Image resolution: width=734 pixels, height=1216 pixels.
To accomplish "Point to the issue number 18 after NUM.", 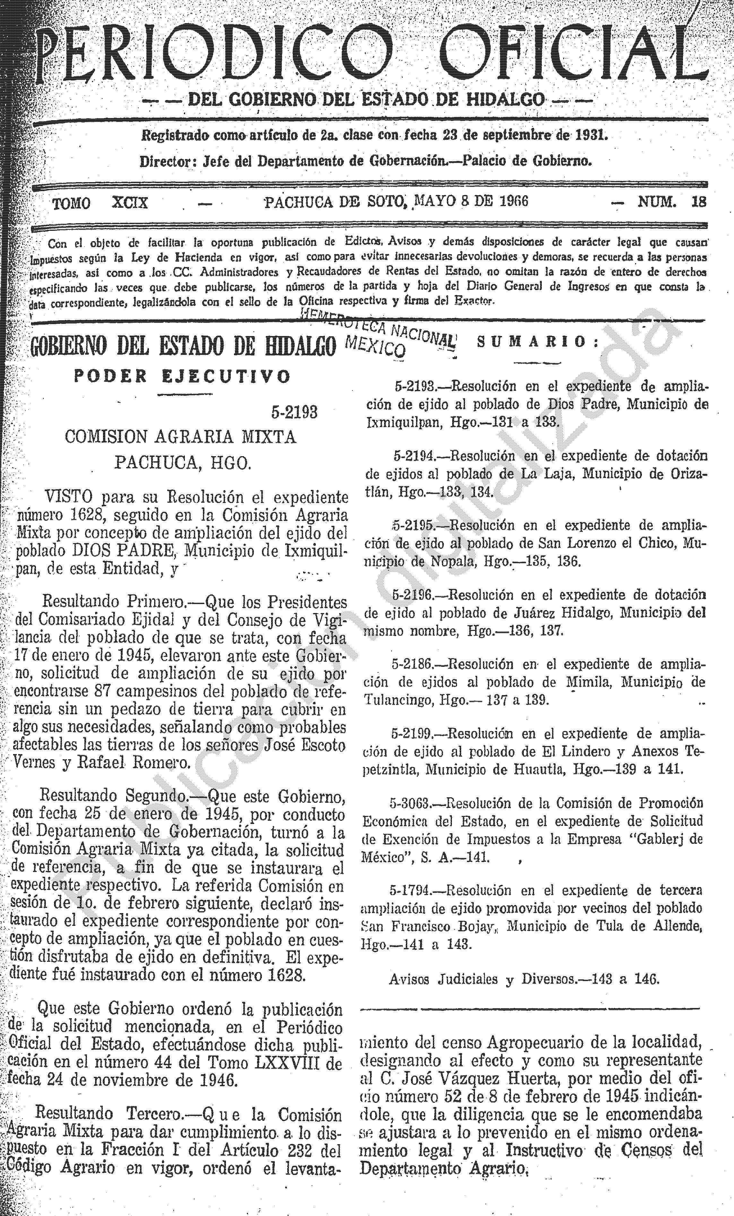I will [x=699, y=202].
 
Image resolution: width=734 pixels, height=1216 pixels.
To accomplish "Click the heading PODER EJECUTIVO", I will [x=182, y=377].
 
